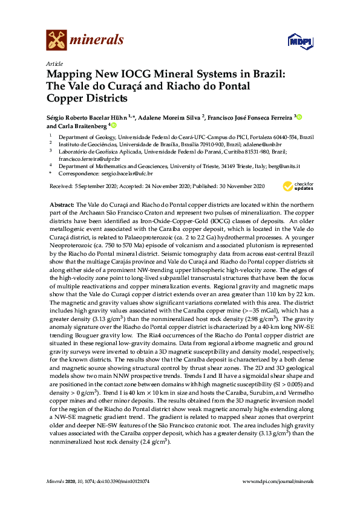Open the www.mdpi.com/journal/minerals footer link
click(278, 481)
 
